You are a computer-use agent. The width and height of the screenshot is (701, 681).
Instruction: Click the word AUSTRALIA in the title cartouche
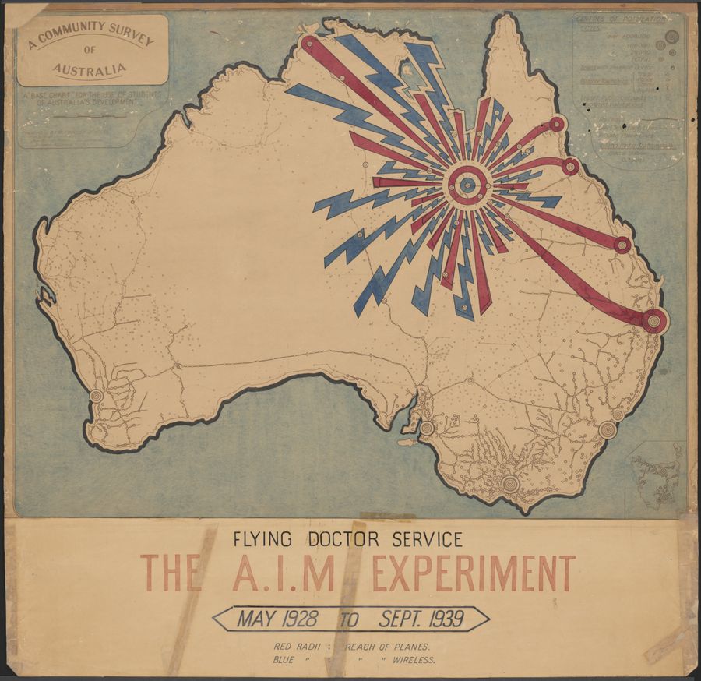click(90, 71)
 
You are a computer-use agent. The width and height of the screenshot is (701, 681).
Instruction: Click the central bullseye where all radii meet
click(467, 185)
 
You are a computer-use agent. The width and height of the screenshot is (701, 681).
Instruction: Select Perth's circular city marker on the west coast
click(96, 396)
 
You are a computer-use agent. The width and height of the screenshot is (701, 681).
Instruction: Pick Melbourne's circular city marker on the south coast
click(510, 484)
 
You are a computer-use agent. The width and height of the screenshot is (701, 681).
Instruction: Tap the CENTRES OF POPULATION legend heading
click(620, 19)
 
